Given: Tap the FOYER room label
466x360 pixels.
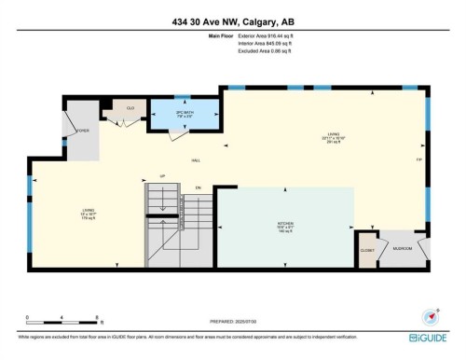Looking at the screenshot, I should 83,132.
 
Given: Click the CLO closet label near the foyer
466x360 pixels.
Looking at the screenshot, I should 130,108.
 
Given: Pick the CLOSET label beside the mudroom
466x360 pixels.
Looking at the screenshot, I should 366,250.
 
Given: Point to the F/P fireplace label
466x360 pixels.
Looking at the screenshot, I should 418,160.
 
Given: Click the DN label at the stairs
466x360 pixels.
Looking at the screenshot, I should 198,187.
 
